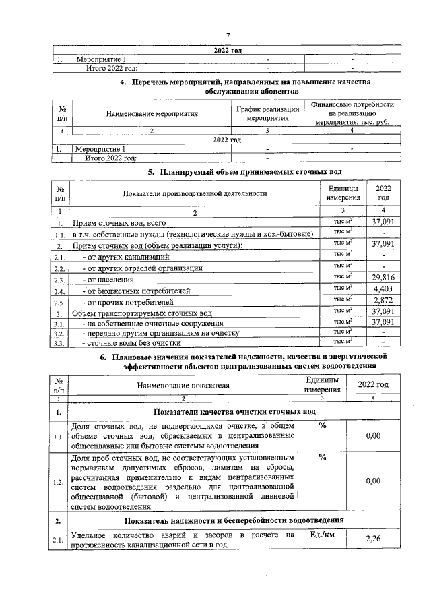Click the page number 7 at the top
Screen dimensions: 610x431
pos(228,35)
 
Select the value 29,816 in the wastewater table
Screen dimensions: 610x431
pos(383,278)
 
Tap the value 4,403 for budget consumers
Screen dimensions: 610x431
pos(383,289)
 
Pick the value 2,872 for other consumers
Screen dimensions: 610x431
pos(383,300)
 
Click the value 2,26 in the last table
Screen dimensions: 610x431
pos(373,538)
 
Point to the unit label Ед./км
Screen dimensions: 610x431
pos(322,534)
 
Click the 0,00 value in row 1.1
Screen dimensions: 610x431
pos(373,436)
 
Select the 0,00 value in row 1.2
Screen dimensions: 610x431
pos(373,482)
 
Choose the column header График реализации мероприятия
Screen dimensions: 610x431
pos(267,113)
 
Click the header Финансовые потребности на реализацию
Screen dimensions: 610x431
pos(352,113)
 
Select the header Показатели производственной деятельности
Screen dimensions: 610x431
pos(195,194)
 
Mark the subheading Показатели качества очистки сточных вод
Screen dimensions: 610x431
pos(234,411)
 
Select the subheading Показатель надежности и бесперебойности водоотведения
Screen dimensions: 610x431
pos(234,520)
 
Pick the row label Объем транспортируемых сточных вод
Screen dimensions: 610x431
pos(143,312)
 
